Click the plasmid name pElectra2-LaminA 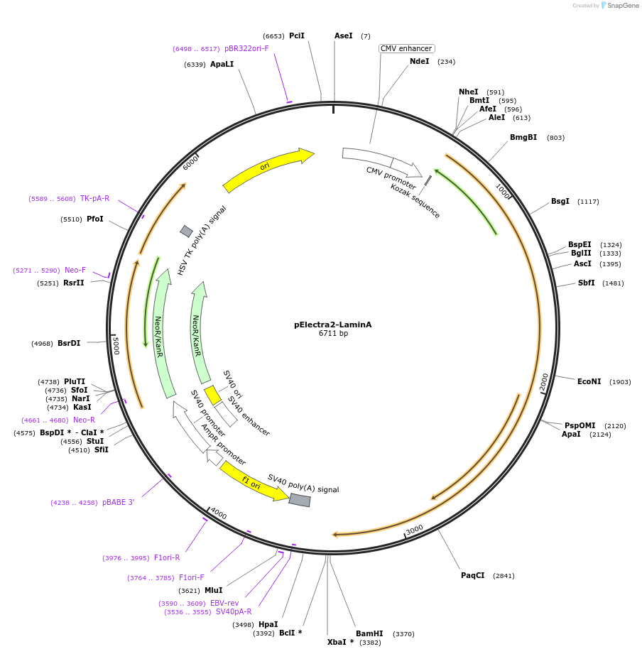(332, 325)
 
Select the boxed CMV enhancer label (406, 49)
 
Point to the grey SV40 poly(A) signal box (300, 500)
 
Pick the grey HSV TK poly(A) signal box (187, 231)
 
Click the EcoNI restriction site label (589, 381)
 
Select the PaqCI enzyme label (472, 575)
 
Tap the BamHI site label (369, 633)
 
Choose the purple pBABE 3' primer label (118, 502)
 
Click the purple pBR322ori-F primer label (246, 49)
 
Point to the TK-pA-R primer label (94, 199)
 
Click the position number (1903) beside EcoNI (620, 382)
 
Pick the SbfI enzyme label (586, 283)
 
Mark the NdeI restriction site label (420, 61)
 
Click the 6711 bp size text (333, 334)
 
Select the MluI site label (213, 590)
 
